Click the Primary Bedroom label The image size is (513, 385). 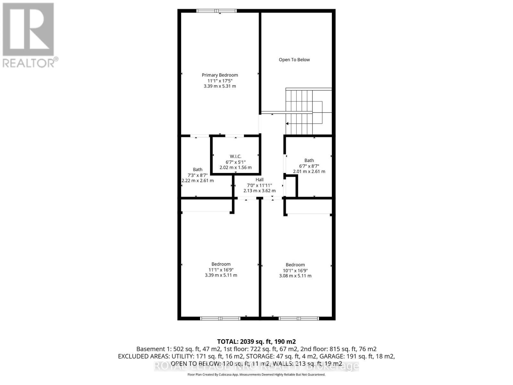pyautogui.click(x=220, y=75)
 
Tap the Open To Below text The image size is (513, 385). pyautogui.click(x=294, y=60)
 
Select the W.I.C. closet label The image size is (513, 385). pyautogui.click(x=235, y=156)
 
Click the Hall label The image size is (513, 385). pyautogui.click(x=259, y=180)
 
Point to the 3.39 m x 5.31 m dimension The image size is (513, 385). pyautogui.click(x=220, y=86)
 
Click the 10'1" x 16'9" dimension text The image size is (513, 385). pyautogui.click(x=295, y=270)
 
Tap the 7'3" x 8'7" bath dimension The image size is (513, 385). pyautogui.click(x=198, y=175)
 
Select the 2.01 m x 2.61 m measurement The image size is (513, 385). pyautogui.click(x=309, y=171)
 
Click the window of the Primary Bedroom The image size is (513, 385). pyautogui.click(x=216, y=11)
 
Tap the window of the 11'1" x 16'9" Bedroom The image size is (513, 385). pyautogui.click(x=220, y=319)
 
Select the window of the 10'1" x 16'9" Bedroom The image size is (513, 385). pyautogui.click(x=299, y=319)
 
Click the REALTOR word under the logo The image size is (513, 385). pyautogui.click(x=29, y=63)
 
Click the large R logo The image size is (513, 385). pyautogui.click(x=28, y=30)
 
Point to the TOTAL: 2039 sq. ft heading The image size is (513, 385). pyautogui.click(x=256, y=342)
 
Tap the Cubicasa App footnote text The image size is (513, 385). pyautogui.click(x=256, y=375)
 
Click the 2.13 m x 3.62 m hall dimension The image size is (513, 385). pyautogui.click(x=259, y=191)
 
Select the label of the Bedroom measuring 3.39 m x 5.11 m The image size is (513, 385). pyautogui.click(x=221, y=264)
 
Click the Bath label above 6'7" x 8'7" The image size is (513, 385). pyautogui.click(x=309, y=160)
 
